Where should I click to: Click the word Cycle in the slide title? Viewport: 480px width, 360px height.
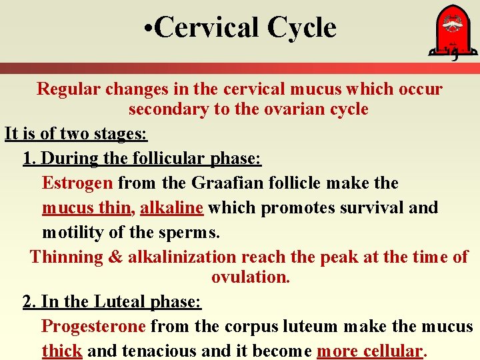(x=301, y=28)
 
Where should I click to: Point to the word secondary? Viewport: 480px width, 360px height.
(x=168, y=109)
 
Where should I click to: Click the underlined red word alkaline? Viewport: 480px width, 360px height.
(x=171, y=207)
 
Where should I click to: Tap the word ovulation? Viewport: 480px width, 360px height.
(x=251, y=277)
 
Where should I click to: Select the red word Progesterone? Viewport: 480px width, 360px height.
(x=93, y=326)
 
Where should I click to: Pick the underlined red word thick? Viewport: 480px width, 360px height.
(x=62, y=351)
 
